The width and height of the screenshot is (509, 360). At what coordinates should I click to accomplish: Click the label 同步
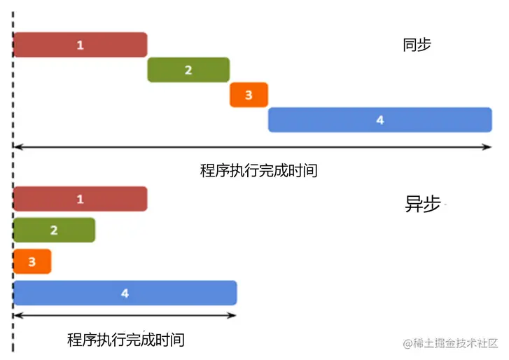417,46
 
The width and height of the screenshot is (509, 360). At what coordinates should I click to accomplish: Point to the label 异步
422,204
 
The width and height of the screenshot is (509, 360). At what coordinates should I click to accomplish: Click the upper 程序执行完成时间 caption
258,170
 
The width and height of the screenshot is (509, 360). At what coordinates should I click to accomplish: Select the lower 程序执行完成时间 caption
126,340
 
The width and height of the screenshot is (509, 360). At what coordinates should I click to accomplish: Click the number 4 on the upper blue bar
380,120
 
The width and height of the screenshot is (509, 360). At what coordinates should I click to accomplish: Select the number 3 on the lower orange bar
32,262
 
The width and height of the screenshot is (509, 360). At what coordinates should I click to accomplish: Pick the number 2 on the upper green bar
188,70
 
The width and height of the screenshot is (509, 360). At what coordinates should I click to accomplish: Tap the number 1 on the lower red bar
80,199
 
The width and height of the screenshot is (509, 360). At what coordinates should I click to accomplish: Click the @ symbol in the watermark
407,343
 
